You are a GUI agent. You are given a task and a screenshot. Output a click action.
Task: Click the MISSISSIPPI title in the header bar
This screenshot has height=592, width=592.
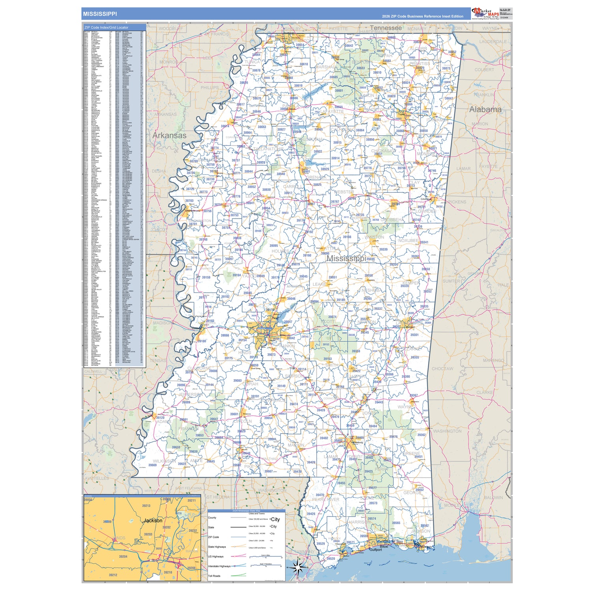tap(99, 14)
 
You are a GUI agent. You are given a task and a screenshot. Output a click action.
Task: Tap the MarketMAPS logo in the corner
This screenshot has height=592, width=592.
tap(485, 13)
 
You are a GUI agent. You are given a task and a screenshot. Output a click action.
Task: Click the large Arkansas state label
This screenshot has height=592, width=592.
tap(169, 135)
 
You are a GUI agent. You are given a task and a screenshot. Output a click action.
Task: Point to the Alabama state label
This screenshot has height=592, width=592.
tap(485, 109)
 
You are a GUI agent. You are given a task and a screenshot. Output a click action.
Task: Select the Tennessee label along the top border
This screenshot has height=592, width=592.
tap(386, 28)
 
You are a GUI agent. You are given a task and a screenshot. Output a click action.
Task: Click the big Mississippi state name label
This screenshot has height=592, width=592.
tap(346, 259)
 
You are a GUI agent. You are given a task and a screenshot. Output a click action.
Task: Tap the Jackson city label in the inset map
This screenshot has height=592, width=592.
tap(153, 521)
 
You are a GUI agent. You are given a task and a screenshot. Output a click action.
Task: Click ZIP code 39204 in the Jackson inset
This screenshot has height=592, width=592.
tap(123, 556)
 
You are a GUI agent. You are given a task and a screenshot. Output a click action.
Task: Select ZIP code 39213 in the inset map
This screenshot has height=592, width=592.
tap(146, 506)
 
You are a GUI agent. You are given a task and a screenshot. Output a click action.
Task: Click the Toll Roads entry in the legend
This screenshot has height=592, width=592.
tap(214, 576)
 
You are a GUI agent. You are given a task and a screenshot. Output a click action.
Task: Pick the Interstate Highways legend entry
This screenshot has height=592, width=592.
tap(219, 566)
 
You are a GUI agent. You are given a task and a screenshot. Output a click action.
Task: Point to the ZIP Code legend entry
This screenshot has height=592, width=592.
tap(213, 537)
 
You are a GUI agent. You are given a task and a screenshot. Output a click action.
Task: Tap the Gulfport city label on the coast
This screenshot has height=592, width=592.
tap(375, 549)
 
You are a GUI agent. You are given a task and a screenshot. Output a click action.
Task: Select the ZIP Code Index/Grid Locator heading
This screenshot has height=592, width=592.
tap(106, 28)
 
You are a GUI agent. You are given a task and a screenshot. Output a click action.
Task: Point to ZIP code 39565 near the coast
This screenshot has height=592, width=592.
tap(396, 523)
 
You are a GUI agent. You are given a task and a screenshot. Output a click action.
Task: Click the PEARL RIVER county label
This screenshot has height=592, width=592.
tap(326, 499)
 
